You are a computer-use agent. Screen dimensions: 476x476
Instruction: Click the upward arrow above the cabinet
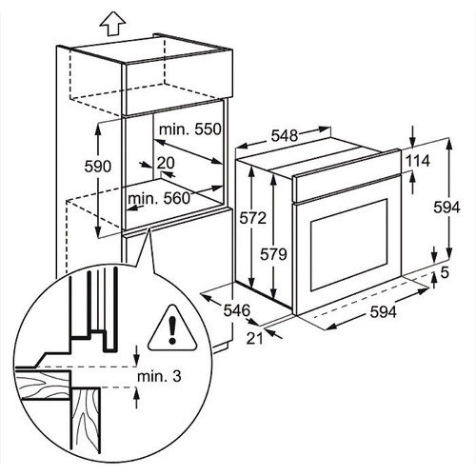(x=112, y=24)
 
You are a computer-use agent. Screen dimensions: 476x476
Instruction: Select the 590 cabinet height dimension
(x=98, y=167)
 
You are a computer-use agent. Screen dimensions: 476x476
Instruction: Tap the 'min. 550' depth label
(x=190, y=129)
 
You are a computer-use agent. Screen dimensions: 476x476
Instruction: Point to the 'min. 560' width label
(x=159, y=199)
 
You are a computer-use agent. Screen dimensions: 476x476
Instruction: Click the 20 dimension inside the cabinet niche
(x=166, y=163)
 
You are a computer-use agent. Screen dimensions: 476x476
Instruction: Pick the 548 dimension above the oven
(x=285, y=135)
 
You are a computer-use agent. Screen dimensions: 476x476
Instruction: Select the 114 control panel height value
(x=418, y=161)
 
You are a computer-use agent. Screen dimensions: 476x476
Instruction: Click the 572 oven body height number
(x=252, y=218)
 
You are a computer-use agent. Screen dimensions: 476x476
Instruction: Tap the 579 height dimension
(x=273, y=254)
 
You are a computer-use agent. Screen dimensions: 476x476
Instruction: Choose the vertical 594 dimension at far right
(x=446, y=208)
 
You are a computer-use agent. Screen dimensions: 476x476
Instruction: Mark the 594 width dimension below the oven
(x=384, y=312)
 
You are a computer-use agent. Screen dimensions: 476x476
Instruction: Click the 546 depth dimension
(x=237, y=310)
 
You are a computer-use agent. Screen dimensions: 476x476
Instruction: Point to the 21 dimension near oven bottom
(x=255, y=339)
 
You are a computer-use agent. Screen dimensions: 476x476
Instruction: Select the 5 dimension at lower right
(x=445, y=272)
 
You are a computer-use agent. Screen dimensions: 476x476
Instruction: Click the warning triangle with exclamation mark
(x=172, y=328)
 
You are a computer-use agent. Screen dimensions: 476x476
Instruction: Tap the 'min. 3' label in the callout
(x=159, y=376)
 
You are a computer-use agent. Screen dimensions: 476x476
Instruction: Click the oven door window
(x=349, y=245)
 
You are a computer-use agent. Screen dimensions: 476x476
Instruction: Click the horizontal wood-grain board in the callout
(x=43, y=385)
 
